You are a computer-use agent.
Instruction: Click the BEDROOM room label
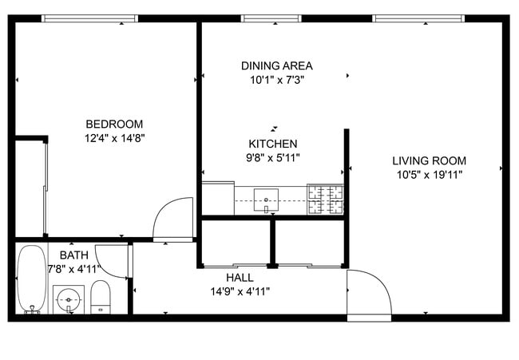pyautogui.click(x=114, y=124)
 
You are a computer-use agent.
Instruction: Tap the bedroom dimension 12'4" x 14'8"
pyautogui.click(x=114, y=137)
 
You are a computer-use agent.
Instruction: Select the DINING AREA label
pyautogui.click(x=276, y=65)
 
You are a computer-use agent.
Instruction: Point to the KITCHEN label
pyautogui.click(x=273, y=144)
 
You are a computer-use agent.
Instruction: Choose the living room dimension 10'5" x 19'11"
pyautogui.click(x=429, y=174)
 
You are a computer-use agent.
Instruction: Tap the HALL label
pyautogui.click(x=240, y=277)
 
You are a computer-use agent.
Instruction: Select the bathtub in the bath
pyautogui.click(x=33, y=279)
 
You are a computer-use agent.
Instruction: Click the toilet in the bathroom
pyautogui.click(x=101, y=296)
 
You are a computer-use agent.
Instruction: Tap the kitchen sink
pyautogui.click(x=266, y=199)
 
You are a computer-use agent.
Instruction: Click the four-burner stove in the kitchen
pyautogui.click(x=326, y=199)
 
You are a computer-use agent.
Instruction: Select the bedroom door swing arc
pyautogui.click(x=174, y=217)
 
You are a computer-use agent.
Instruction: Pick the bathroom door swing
pyautogui.click(x=119, y=260)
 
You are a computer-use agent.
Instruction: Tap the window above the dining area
pyautogui.click(x=271, y=18)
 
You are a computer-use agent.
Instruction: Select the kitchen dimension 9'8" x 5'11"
pyautogui.click(x=273, y=157)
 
